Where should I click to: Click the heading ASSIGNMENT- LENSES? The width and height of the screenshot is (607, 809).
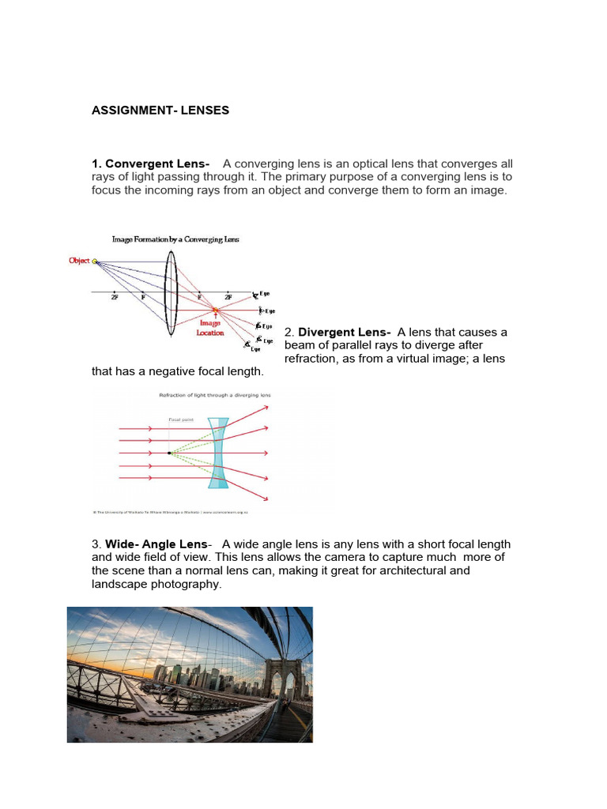pos(160,111)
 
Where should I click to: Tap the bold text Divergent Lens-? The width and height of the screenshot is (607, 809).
pos(345,332)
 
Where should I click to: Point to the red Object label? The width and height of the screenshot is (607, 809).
pos(79,261)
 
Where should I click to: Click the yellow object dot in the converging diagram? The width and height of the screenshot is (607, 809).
pos(95,262)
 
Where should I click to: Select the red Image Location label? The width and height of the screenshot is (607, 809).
pos(210,328)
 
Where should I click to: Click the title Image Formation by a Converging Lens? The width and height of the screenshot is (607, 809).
pos(175,238)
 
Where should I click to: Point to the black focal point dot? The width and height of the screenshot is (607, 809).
pos(168,453)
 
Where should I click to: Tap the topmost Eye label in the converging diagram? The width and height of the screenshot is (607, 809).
pos(263,294)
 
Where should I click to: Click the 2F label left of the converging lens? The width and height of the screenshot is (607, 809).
pos(116,298)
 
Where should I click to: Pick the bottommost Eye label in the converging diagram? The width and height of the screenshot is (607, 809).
pos(255,348)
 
